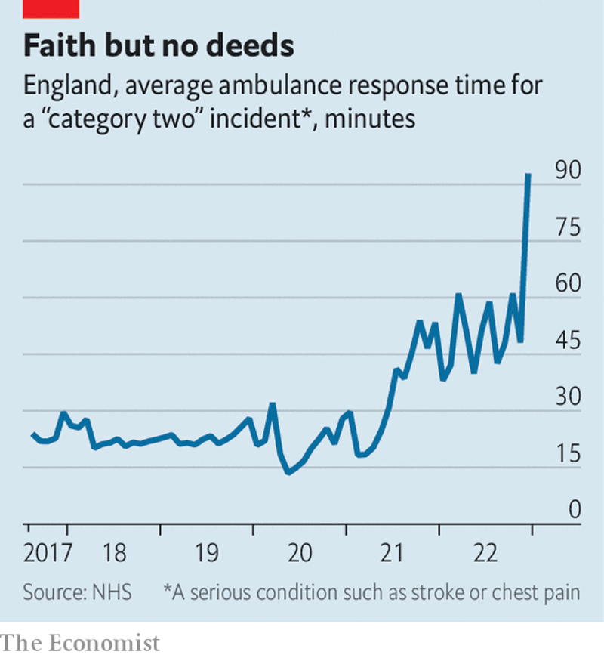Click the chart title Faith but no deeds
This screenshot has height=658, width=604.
pos(158,46)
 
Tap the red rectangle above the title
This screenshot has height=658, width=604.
pos(51,8)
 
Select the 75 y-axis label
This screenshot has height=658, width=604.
pos(568,227)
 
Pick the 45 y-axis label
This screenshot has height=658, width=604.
pos(568,341)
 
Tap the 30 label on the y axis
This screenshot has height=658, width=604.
pos(568,397)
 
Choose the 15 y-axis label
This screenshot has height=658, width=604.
pos(568,454)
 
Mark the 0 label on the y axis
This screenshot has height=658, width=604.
pos(575,511)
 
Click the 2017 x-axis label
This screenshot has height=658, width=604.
pos(48,554)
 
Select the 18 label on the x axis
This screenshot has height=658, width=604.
pos(114,554)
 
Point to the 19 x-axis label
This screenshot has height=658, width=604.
pos(207,554)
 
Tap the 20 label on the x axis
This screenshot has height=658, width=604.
pos(300,554)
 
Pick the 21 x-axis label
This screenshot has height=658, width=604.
pos(393,554)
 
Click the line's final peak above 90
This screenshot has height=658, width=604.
pos(528,175)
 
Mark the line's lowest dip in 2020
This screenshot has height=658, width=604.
pos(288,473)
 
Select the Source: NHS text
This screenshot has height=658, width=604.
pos(77,592)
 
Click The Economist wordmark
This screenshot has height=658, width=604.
pos(81,643)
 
